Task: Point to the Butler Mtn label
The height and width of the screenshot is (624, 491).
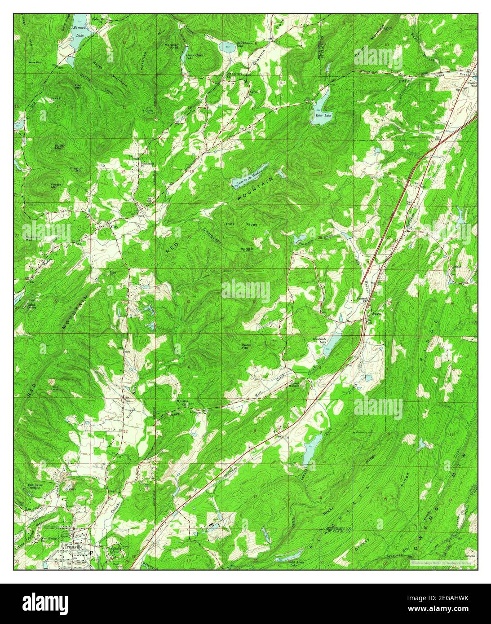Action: click(60, 147)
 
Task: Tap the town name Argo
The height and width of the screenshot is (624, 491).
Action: click(376, 313)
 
